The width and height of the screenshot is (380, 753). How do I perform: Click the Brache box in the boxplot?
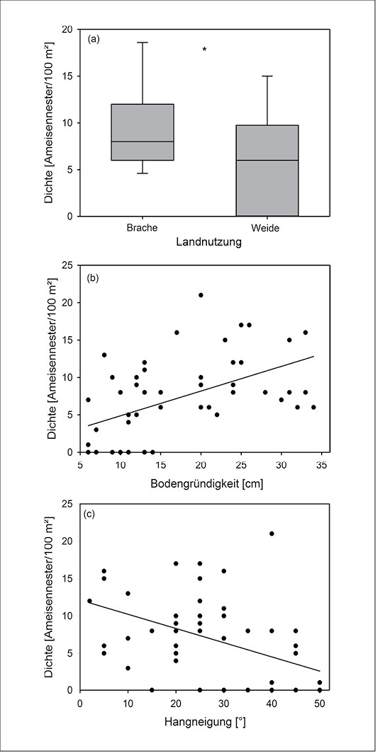tap(142, 132)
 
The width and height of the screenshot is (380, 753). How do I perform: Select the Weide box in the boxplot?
tap(267, 171)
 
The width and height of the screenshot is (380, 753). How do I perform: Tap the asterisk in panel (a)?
tap(204, 49)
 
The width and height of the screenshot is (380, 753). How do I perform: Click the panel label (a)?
tap(94, 40)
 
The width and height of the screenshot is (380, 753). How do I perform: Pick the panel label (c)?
tap(90, 515)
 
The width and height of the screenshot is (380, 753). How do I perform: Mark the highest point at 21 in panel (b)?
tap(201, 295)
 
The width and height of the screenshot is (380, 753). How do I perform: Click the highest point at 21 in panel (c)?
tap(272, 534)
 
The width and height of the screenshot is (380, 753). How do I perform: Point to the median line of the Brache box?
tap(142, 142)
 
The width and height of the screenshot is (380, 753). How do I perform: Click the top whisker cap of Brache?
tap(143, 42)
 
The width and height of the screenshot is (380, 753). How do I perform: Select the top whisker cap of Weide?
tap(267, 76)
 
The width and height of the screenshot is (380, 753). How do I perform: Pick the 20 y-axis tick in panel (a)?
tap(69, 30)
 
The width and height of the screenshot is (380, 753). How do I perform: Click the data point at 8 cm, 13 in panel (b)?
tap(104, 355)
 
